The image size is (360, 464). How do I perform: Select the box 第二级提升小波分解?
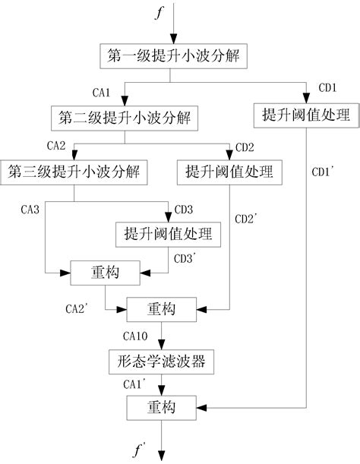click(x=125, y=118)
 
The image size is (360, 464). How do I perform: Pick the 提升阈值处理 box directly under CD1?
click(x=305, y=116)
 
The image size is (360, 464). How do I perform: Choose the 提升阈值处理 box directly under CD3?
click(x=168, y=235)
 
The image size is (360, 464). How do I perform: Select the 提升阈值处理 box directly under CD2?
click(x=229, y=171)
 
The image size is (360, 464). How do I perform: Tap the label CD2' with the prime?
click(x=248, y=219)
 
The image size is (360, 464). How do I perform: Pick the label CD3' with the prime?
click(x=185, y=259)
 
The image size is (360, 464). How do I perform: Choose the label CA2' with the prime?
click(x=78, y=308)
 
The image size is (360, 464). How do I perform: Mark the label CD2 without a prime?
click(x=245, y=146)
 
